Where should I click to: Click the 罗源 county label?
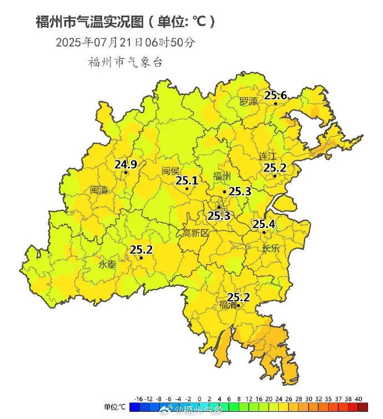tap(248, 102)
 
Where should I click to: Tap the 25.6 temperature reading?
tap(275, 95)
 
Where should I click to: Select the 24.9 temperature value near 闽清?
tap(125, 164)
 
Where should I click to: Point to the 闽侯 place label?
tap(171, 171)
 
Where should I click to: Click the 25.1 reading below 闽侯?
tap(187, 180)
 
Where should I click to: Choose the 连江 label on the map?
tap(268, 157)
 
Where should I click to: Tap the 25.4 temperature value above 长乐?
tap(264, 224)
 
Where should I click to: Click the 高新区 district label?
tap(195, 234)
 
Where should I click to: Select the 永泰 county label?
tap(108, 265)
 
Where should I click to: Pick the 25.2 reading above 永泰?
tap(141, 250)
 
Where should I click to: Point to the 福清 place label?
tap(228, 305)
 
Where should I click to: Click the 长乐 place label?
tap(271, 248)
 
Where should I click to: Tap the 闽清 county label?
tap(99, 190)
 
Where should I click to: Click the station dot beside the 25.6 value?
tap(275, 104)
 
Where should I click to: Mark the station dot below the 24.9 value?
tap(126, 173)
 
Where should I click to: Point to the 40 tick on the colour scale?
tap(359, 399)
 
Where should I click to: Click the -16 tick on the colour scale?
tap(139, 399)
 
